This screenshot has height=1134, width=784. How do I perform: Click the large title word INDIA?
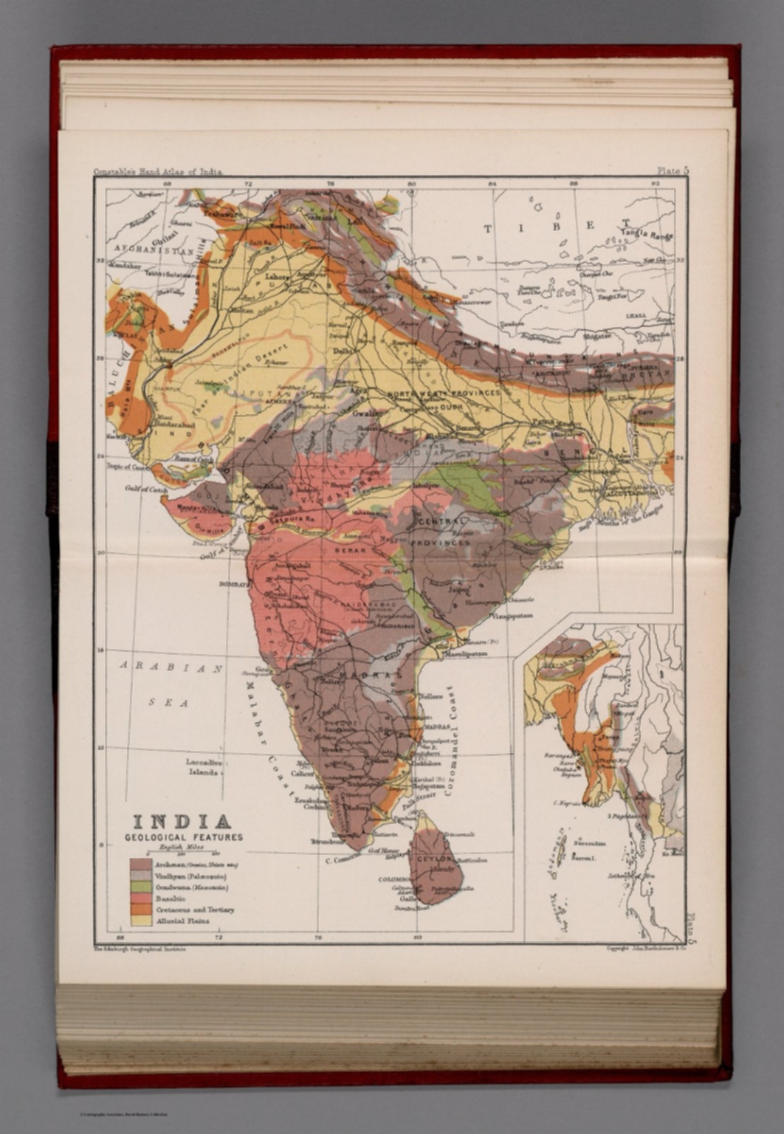tap(182, 822)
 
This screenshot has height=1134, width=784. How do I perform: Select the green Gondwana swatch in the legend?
tap(140, 886)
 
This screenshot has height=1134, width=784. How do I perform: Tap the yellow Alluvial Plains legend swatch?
tap(140, 921)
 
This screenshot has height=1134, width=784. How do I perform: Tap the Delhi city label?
tap(341, 351)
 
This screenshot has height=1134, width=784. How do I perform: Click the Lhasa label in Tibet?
tap(636, 315)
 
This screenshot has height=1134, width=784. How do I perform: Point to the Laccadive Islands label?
tap(201, 767)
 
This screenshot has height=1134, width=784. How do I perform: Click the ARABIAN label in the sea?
tap(172, 668)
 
